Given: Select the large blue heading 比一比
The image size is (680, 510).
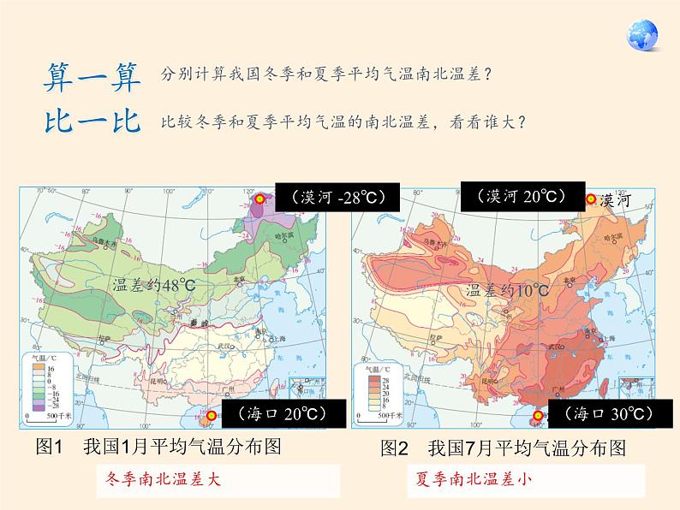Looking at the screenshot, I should coord(92,121).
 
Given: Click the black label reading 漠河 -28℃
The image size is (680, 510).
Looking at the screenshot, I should coord(329,198).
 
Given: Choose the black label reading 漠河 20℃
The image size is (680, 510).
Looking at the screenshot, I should coord(522,196).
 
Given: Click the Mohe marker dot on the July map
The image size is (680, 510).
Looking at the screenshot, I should coord(590,199).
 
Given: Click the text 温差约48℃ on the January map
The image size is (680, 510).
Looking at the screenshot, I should coord(152,286).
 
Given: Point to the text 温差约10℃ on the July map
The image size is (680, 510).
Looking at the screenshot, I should coord(508,291).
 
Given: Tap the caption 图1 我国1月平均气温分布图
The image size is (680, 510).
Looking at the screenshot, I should coord(159,447).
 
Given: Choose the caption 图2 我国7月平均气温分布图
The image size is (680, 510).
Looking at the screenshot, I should coord(504,448).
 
